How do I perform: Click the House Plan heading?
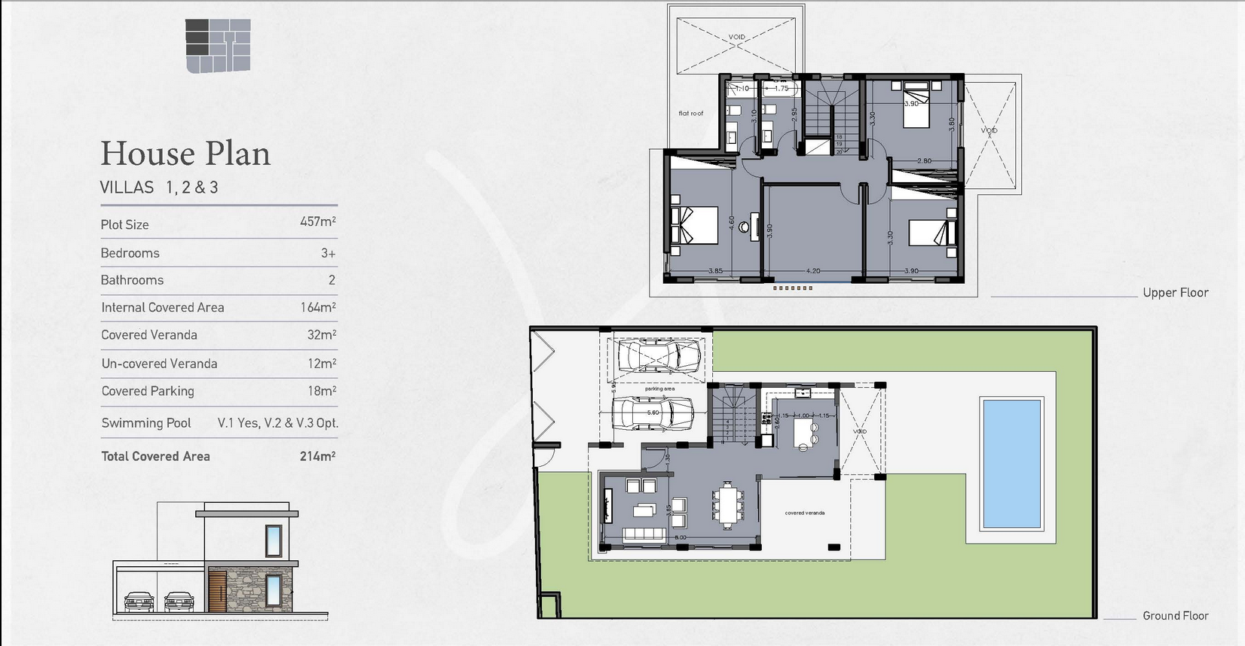click(185, 154)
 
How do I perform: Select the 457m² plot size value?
click(317, 222)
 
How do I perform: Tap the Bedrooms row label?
click(130, 253)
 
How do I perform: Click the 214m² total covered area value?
click(317, 456)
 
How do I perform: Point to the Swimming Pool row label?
click(146, 423)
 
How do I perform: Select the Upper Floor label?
click(1174, 293)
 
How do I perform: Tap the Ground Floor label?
click(1174, 616)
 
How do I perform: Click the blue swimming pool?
click(1011, 462)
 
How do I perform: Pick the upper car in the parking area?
click(658, 355)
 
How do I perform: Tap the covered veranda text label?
click(804, 513)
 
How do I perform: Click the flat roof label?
click(690, 114)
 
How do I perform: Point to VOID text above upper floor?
click(736, 37)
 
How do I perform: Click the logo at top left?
click(218, 46)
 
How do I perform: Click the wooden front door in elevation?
click(217, 591)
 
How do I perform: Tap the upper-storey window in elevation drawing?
click(273, 541)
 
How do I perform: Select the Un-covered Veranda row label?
click(159, 364)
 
